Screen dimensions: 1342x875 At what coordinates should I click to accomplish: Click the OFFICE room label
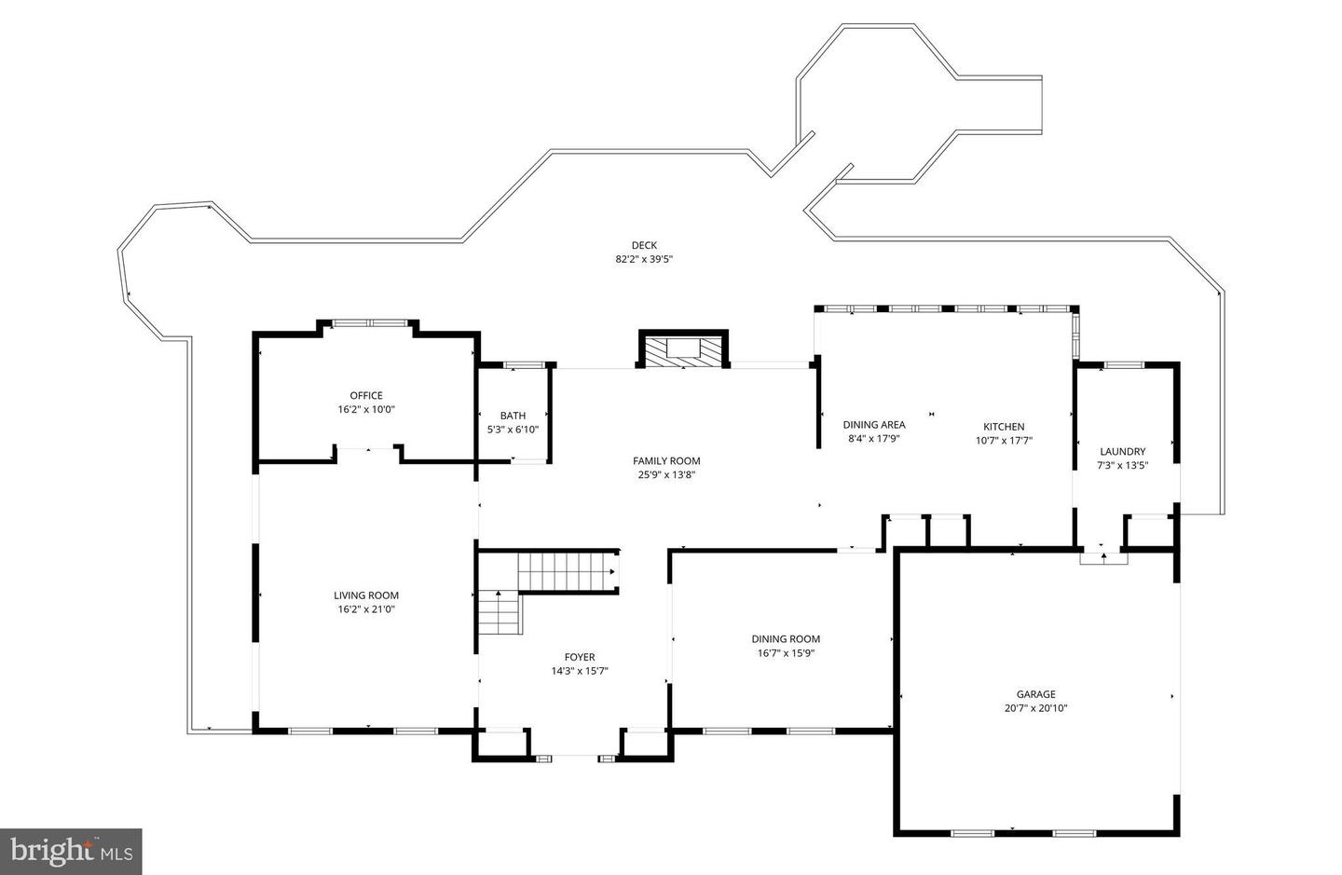click(366, 395)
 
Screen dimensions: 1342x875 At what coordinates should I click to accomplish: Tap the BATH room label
click(513, 416)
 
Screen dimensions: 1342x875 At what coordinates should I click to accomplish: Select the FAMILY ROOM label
click(666, 461)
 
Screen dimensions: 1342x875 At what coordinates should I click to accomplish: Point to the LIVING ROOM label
click(366, 595)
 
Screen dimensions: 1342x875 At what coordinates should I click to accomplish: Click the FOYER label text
click(580, 657)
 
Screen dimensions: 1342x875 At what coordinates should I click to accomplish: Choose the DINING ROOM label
click(786, 639)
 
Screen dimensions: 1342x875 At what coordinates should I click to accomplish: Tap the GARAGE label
click(1036, 694)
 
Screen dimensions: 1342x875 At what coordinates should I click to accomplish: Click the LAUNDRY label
click(1123, 452)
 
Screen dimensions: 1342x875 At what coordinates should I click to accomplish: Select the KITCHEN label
click(1004, 427)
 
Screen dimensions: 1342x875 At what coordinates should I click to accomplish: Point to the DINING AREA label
click(874, 425)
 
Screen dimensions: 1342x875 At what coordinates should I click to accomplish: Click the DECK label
click(644, 245)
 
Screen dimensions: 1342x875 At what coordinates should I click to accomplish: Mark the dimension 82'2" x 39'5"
click(644, 259)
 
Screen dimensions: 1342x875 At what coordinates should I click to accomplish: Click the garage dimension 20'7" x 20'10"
click(1036, 708)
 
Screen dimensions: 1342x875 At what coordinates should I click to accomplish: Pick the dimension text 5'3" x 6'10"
click(513, 430)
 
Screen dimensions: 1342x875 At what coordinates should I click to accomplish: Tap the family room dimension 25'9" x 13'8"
click(666, 475)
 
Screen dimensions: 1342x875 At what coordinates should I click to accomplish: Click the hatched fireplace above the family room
click(684, 351)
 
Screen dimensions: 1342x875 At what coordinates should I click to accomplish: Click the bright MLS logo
click(71, 851)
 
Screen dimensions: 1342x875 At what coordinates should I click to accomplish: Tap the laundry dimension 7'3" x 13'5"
click(1123, 465)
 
